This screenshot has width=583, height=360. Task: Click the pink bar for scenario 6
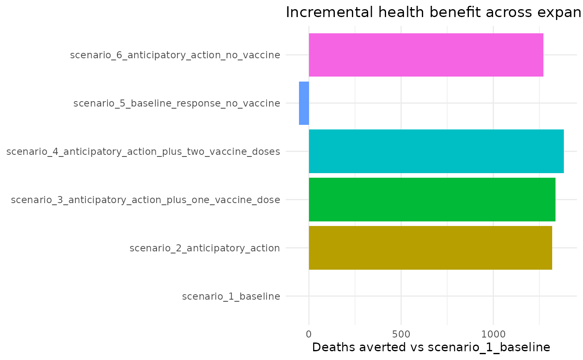tap(426, 55)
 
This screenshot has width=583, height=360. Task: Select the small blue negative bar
tap(304, 103)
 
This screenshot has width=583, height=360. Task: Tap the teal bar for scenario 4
tap(436, 151)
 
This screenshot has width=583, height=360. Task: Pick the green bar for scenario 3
tap(432, 200)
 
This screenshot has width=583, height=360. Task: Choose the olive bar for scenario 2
tap(430, 248)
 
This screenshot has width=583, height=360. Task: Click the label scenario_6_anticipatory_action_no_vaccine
tap(175, 55)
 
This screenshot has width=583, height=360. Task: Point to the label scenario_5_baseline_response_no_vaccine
tap(177, 104)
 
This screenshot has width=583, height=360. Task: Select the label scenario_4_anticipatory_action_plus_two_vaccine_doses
tap(143, 152)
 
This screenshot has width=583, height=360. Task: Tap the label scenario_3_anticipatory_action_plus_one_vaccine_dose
tap(145, 200)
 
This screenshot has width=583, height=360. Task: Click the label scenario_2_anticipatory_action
tap(204, 248)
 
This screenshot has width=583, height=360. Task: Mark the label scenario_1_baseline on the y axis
tap(231, 297)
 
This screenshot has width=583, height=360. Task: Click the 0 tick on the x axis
tap(309, 333)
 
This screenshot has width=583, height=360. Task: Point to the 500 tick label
tap(401, 333)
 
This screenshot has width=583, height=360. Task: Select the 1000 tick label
tap(493, 333)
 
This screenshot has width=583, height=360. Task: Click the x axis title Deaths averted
tap(431, 348)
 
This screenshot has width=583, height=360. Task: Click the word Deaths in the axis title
tap(331, 348)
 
